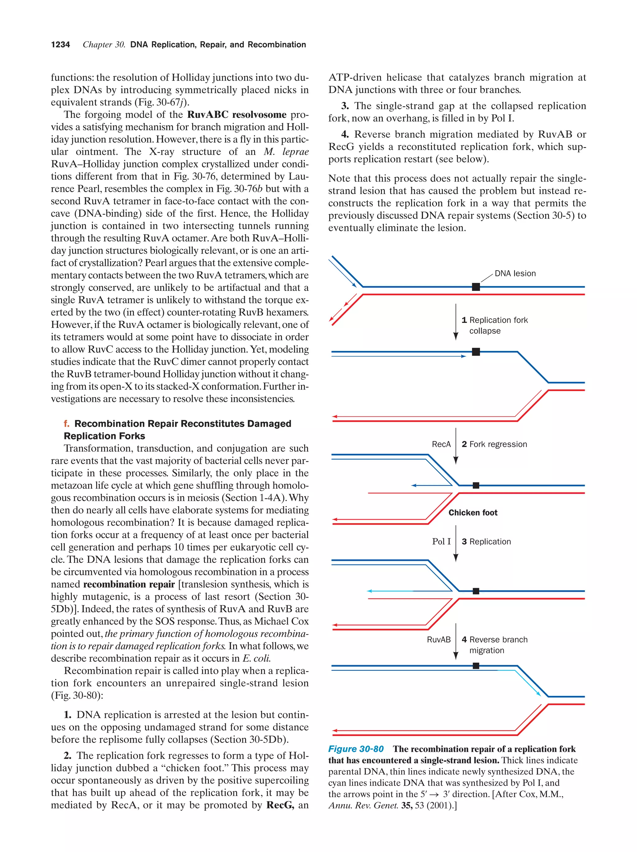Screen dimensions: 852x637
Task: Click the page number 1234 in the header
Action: coord(61,45)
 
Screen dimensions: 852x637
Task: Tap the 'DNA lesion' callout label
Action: coord(515,274)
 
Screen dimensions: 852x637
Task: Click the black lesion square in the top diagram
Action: coord(476,287)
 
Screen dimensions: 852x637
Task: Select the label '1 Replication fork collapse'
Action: coord(495,325)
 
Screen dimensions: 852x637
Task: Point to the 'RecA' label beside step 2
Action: coord(441,444)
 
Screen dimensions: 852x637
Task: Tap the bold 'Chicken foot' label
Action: coord(473,513)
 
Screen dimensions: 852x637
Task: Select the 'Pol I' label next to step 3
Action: coord(441,541)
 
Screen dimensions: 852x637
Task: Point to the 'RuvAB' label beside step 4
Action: coord(439,639)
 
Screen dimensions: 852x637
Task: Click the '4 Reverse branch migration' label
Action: coord(495,645)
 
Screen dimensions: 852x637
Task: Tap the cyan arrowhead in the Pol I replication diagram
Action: coord(369,591)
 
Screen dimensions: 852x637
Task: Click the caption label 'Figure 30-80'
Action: coord(356,749)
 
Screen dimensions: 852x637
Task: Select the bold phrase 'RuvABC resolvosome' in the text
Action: coord(237,115)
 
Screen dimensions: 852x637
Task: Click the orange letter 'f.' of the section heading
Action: coord(67,424)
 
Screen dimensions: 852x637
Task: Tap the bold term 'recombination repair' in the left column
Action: coord(129,584)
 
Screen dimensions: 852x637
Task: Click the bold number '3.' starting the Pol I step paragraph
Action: coord(345,106)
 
